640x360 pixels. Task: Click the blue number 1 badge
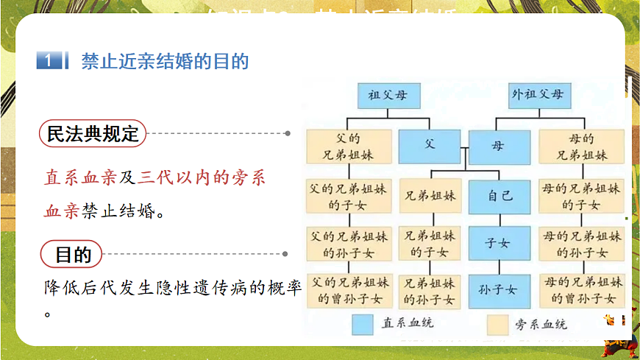click(48, 61)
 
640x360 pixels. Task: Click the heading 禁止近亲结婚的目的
click(165, 61)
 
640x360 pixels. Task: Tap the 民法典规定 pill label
click(93, 134)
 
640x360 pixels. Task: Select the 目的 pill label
click(73, 255)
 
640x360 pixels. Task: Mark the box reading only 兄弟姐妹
click(430, 197)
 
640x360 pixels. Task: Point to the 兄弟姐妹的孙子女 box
click(430, 290)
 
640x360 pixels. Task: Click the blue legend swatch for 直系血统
click(363, 325)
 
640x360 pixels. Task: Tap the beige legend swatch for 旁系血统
click(499, 325)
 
